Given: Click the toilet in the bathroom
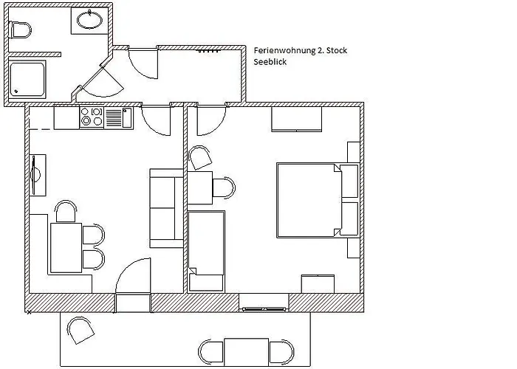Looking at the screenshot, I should coord(20,30).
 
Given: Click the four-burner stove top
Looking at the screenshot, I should coord(92,117).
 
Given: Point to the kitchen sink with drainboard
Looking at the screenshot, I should coord(118,117).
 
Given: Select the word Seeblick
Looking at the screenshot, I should coord(270,63).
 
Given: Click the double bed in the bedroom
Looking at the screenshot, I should coord(309,199).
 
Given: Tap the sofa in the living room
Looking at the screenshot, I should coord(166,208).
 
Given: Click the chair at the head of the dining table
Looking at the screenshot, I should coord(66,212).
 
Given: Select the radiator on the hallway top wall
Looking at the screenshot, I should coord(209,51).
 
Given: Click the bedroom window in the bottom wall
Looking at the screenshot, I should coord(264,303).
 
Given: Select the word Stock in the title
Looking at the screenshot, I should coord(335,50).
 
